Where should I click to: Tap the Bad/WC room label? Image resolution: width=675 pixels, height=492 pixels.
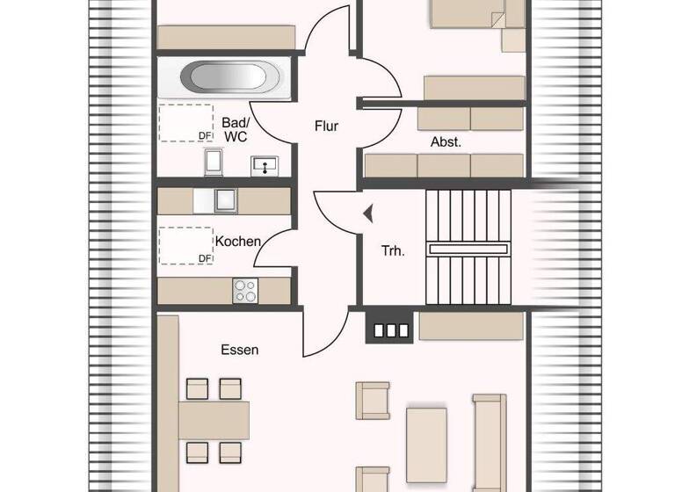tap(235, 129)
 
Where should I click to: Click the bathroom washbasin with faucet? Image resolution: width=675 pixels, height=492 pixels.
tap(263, 163)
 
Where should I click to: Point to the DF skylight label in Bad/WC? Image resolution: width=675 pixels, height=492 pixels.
tap(205, 135)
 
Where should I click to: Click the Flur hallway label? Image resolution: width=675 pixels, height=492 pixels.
tap(326, 126)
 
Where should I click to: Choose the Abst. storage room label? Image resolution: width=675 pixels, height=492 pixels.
tap(446, 141)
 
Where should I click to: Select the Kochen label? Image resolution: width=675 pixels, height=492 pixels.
tap(237, 240)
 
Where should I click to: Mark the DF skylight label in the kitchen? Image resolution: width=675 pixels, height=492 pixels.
tap(205, 257)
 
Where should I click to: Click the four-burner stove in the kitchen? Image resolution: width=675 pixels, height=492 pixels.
tap(245, 290)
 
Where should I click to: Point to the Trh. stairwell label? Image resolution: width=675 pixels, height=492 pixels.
tap(392, 250)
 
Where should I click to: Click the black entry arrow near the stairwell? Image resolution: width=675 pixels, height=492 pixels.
tap(367, 212)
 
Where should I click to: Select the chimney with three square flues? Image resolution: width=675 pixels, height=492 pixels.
tap(387, 330)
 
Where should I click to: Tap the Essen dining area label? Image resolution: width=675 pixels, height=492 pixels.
tap(239, 350)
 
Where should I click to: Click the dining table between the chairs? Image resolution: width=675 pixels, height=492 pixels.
tap(214, 421)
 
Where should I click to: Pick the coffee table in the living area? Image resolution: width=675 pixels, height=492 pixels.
tap(426, 432)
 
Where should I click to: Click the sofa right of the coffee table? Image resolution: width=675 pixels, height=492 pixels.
tap(490, 439)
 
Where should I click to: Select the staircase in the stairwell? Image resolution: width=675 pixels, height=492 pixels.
tap(468, 248)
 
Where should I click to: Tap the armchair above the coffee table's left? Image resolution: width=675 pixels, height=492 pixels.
tap(373, 401)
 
